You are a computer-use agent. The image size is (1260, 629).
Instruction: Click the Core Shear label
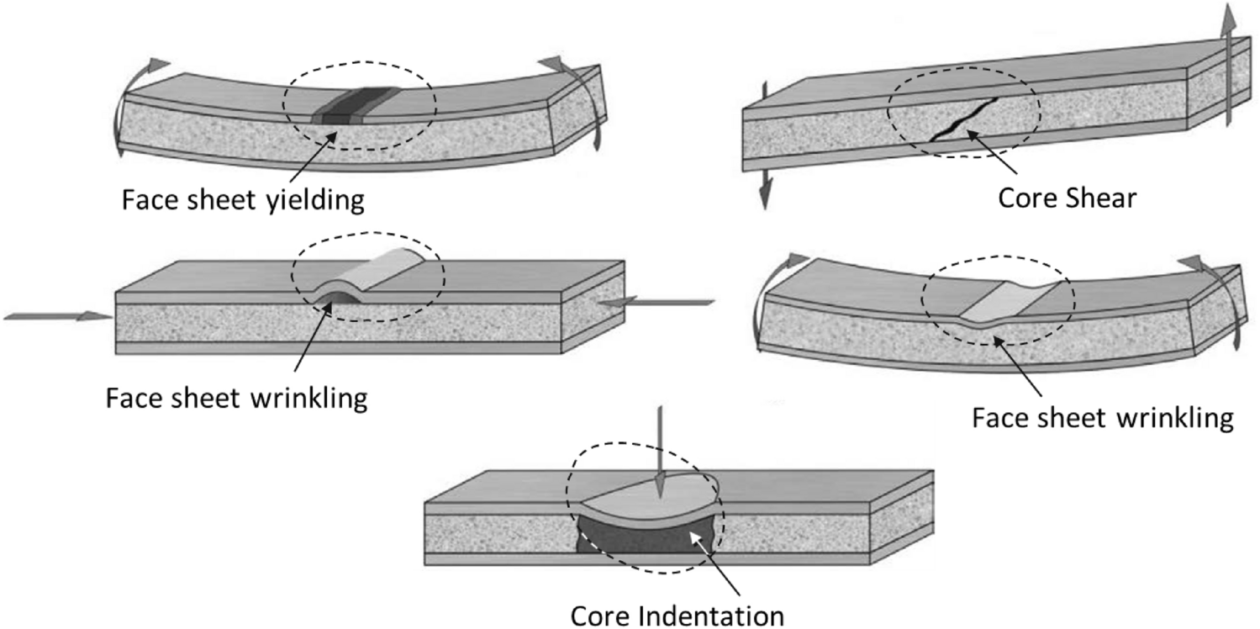click(x=1067, y=198)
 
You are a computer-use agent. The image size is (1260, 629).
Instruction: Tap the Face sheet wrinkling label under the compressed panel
click(x=236, y=397)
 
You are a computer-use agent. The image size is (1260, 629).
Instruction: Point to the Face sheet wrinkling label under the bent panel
click(x=1103, y=417)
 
